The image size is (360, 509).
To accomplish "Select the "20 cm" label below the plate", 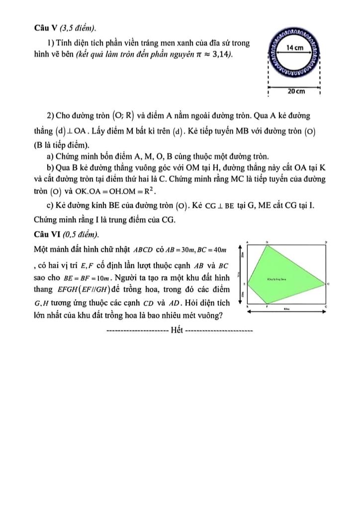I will click(x=296, y=92).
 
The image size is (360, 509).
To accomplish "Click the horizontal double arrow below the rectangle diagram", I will click(x=286, y=311).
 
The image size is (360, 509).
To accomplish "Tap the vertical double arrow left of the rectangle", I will click(x=242, y=273).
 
